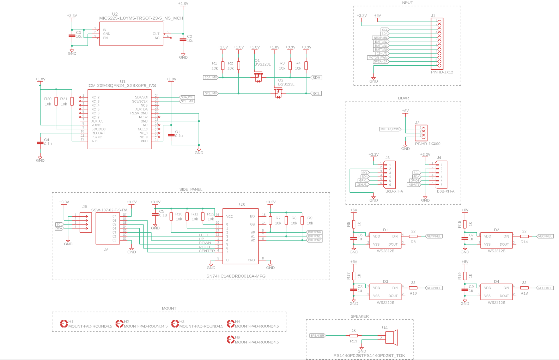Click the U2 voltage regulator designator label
[115, 14]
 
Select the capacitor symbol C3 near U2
[72, 36]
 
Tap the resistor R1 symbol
[223, 66]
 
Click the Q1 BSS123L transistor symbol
[259, 77]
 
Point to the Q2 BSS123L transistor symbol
[278, 93]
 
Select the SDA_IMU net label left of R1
[211, 77]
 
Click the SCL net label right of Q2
[316, 94]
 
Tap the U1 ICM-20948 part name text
[122, 86]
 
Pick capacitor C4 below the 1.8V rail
[40, 143]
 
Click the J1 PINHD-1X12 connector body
[439, 44]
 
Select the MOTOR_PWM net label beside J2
[390, 129]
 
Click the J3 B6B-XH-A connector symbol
[389, 175]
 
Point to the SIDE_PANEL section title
[191, 190]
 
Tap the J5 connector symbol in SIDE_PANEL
[85, 222]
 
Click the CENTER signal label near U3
[207, 251]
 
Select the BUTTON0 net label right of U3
[314, 232]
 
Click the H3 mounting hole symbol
[175, 324]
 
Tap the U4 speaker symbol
[391, 337]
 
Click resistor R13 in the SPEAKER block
[353, 336]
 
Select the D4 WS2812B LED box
[496, 292]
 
